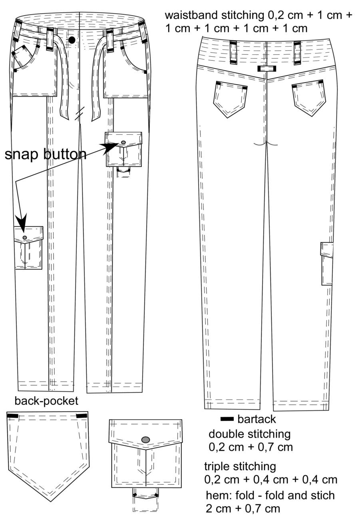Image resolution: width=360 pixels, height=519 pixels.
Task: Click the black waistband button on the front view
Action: [72, 40]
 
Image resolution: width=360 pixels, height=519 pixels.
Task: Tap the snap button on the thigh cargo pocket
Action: [123, 142]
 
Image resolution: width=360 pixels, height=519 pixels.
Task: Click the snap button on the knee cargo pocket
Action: [25, 238]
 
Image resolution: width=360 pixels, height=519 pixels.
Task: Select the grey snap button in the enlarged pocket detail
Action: [145, 439]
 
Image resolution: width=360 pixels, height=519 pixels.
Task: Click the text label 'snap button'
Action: [46, 155]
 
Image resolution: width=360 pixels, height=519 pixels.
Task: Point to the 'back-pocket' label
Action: [46, 401]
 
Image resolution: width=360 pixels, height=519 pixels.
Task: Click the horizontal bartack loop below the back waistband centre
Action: [267, 69]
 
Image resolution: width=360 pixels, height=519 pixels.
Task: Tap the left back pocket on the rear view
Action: [230, 99]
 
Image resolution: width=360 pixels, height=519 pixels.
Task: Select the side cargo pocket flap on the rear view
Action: [327, 250]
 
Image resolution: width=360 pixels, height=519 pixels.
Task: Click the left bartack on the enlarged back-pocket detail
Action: [13, 416]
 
